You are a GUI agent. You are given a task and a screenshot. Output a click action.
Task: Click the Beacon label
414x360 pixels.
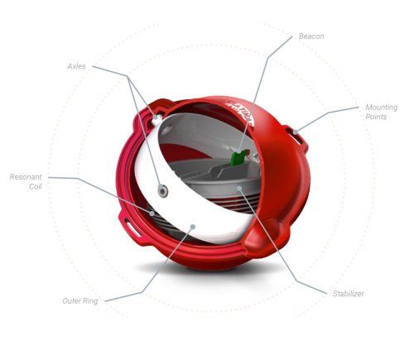click(311, 36)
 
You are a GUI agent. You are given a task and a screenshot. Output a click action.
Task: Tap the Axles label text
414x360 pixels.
click(76, 66)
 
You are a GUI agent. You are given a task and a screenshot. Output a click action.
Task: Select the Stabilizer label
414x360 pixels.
click(349, 294)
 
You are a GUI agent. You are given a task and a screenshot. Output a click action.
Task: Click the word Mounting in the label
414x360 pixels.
click(382, 108)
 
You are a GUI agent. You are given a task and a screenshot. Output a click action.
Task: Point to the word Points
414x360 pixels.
click(376, 117)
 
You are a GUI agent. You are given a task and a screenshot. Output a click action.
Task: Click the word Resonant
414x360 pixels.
click(26, 177)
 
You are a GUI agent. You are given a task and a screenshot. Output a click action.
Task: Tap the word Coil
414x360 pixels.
click(36, 186)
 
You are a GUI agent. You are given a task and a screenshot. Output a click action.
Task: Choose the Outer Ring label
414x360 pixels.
click(80, 300)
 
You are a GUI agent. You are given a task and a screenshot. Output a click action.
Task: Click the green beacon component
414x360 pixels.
click(238, 158)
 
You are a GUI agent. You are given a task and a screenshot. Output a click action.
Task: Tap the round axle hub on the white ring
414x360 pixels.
click(162, 190)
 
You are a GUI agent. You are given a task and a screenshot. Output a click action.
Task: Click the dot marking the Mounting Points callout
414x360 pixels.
click(296, 132)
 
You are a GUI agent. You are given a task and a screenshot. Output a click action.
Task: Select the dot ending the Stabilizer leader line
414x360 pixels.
click(239, 189)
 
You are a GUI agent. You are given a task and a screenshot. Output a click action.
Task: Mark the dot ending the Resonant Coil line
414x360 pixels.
click(152, 214)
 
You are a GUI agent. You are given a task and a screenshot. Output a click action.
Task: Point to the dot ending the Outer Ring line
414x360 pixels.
click(193, 227)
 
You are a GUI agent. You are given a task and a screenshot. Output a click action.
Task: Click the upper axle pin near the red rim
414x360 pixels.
click(156, 118)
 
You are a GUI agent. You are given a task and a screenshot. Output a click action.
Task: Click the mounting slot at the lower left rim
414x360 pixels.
click(132, 226)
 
